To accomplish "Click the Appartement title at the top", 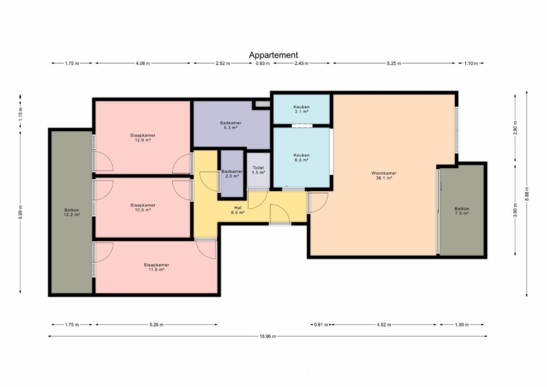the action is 273,55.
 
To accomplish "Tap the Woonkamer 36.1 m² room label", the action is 384,175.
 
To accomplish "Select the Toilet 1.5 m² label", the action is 258,170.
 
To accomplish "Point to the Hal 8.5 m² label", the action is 237,210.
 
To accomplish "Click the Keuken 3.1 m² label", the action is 301,109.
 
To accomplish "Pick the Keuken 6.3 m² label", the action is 301,157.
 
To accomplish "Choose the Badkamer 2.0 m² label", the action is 232,174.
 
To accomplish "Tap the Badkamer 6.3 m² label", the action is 231,125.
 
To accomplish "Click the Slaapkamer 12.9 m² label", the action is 143,138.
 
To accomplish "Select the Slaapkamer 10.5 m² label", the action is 143,207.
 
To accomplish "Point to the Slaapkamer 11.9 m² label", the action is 156,267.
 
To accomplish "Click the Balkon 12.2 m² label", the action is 72,212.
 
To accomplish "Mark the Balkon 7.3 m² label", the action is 461,211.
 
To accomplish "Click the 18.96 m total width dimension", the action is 268,336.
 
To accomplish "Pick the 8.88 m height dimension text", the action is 527,194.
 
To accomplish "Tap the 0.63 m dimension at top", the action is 263,63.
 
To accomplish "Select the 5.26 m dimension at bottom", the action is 156,325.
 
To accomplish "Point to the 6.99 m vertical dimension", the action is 21,212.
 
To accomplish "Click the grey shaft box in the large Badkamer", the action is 263,104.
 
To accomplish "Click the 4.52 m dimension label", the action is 384,325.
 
